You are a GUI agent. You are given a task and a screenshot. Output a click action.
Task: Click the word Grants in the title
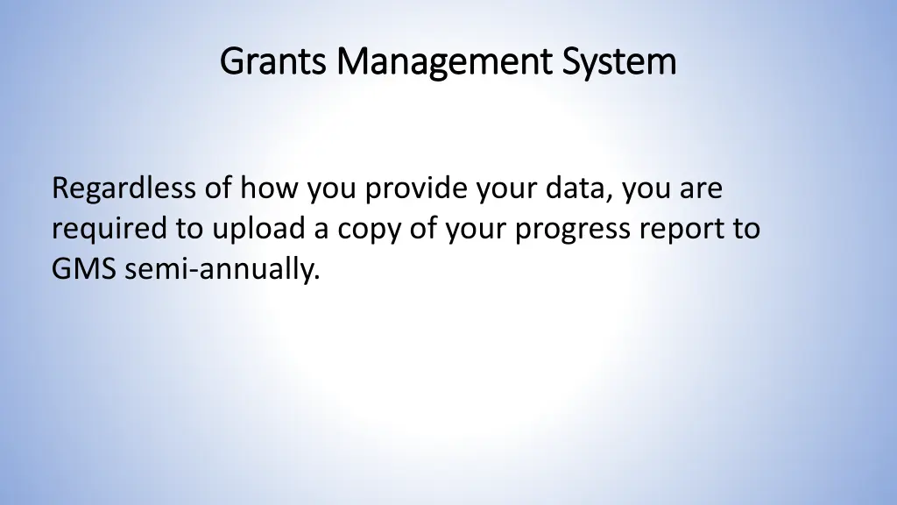(274, 62)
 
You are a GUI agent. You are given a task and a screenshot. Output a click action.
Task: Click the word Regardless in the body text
(124, 188)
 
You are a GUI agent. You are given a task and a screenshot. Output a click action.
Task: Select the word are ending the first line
(699, 188)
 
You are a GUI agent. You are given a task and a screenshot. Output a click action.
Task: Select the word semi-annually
(222, 271)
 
